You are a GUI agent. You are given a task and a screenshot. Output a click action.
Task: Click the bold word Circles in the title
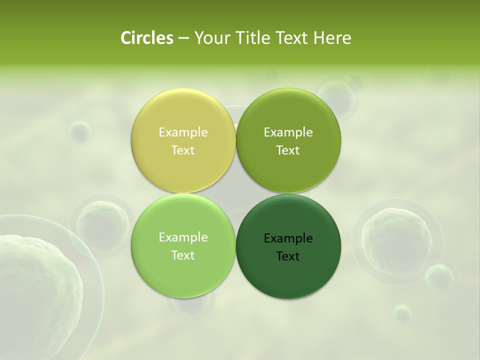[x=146, y=38]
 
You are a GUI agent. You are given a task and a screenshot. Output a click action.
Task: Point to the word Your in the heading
[x=210, y=38]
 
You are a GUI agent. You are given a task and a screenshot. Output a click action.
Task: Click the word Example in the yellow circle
[x=183, y=132]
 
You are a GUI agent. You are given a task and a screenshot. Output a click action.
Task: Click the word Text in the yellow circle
[x=183, y=150]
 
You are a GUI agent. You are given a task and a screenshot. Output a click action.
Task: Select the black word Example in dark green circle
[x=288, y=238]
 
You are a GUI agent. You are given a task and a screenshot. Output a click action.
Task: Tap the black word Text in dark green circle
[x=288, y=256]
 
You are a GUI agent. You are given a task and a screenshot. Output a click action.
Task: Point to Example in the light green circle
[x=183, y=237]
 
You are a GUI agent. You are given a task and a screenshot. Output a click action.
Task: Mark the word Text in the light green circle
[x=183, y=255]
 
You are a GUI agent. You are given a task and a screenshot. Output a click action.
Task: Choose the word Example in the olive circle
[x=288, y=132]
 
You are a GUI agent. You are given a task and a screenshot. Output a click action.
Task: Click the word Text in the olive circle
[x=288, y=150]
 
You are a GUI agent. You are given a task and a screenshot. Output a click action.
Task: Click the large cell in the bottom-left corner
[x=37, y=295]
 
